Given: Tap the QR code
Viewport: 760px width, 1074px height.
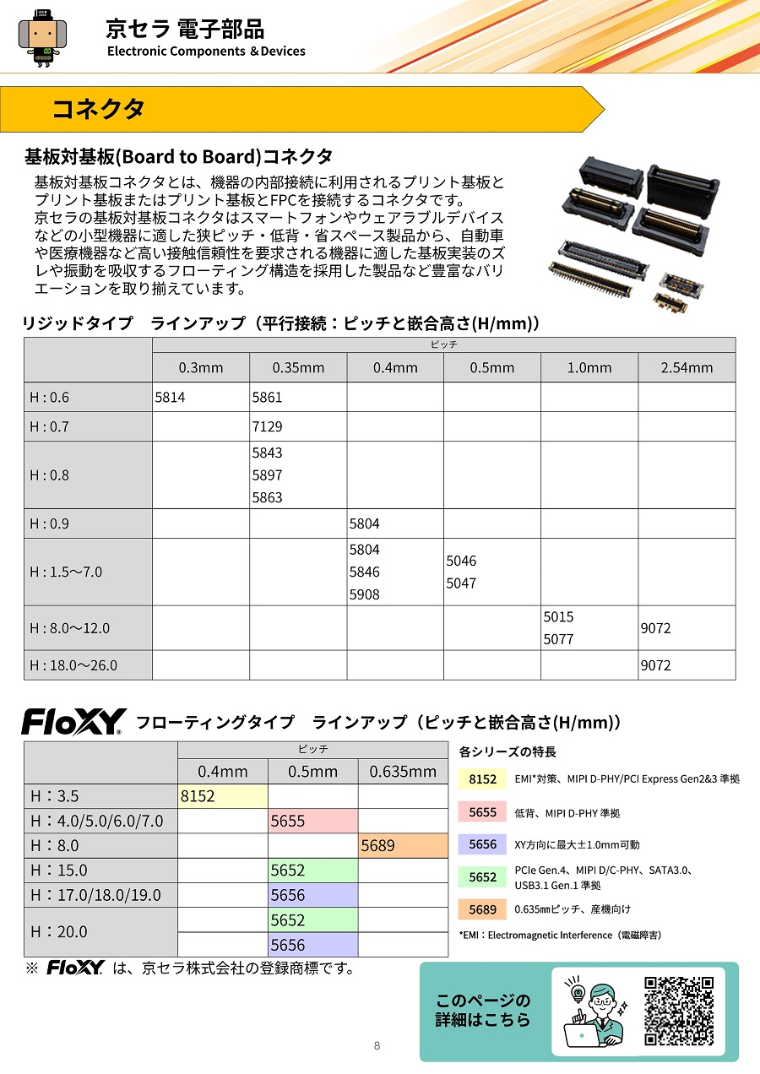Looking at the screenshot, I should pyautogui.click(x=679, y=1010).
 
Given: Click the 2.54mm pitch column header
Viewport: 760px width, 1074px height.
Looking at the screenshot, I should pyautogui.click(x=687, y=367).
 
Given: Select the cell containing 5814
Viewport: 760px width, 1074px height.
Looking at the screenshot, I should pyautogui.click(x=200, y=397).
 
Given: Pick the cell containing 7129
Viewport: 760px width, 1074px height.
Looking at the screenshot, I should pyautogui.click(x=298, y=426).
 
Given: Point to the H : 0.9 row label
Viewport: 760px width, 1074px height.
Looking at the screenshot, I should pyautogui.click(x=88, y=523).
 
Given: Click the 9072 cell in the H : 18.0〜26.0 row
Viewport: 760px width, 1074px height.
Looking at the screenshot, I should pyautogui.click(x=687, y=665).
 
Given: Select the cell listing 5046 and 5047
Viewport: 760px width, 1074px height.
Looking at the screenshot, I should pyautogui.click(x=492, y=572).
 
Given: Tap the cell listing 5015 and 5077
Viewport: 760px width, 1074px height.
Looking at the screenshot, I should pyautogui.click(x=589, y=628).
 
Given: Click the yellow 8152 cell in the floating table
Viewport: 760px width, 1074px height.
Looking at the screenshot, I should pyautogui.click(x=223, y=795).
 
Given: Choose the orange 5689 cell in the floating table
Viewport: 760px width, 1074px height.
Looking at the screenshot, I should pyautogui.click(x=403, y=845).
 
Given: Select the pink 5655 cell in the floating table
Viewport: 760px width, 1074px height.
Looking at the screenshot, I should pyautogui.click(x=313, y=821).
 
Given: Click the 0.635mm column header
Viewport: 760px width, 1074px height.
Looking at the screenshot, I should pyautogui.click(x=403, y=771).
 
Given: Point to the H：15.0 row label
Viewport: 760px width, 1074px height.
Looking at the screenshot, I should pyautogui.click(x=100, y=870).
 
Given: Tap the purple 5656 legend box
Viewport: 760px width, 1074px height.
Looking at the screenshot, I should pyautogui.click(x=482, y=844).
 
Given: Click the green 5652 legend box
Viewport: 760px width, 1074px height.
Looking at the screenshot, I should pyautogui.click(x=482, y=877).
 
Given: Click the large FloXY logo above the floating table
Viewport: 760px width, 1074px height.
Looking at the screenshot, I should pyautogui.click(x=73, y=722).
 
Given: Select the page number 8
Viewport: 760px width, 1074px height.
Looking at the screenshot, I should pyautogui.click(x=377, y=1045).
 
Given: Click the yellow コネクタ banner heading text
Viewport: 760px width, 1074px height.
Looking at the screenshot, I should pyautogui.click(x=99, y=109).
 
